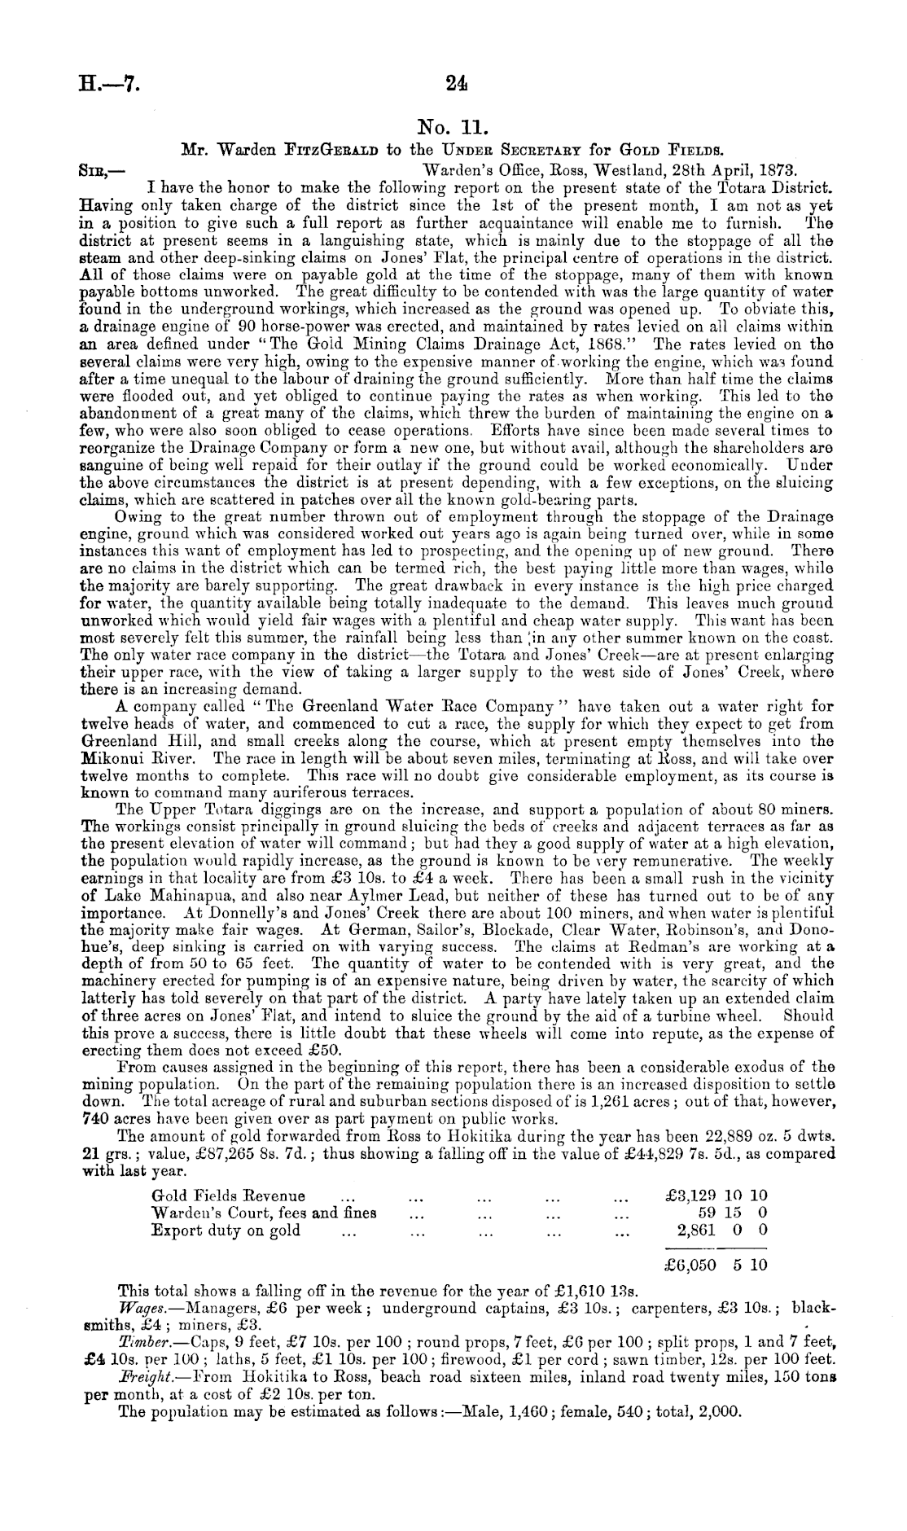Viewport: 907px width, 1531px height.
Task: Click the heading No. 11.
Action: point(453,126)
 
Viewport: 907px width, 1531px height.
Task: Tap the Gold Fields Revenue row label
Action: point(229,1195)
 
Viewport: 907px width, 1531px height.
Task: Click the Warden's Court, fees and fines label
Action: point(264,1213)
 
